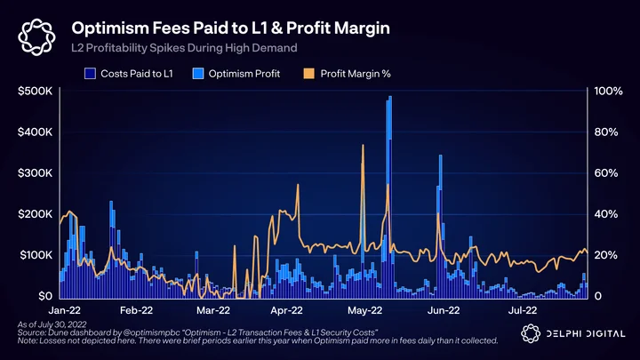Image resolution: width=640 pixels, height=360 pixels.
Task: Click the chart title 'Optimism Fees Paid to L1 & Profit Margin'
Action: click(x=230, y=28)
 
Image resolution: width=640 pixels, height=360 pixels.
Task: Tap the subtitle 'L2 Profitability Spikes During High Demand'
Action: click(x=184, y=48)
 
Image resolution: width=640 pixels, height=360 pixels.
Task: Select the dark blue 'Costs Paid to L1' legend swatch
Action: click(x=90, y=74)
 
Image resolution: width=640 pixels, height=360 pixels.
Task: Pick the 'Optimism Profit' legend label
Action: click(x=244, y=74)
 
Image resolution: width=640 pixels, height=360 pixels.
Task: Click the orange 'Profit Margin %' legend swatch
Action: click(x=309, y=74)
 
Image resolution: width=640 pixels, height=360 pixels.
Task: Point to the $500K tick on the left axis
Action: click(x=35, y=91)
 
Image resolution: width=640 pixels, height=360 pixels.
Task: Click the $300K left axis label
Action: click(x=35, y=173)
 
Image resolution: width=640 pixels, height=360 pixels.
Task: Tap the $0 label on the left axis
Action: click(x=45, y=296)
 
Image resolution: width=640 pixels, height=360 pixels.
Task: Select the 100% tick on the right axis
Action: click(x=608, y=91)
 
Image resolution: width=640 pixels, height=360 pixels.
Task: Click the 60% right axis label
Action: click(x=606, y=173)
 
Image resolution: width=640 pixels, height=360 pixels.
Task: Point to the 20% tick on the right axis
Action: click(x=606, y=255)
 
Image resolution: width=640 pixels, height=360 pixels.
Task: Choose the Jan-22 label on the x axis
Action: click(x=65, y=310)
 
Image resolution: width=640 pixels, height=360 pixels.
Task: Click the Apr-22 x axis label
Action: click(x=286, y=310)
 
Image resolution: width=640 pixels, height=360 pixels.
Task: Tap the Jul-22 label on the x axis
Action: click(x=523, y=310)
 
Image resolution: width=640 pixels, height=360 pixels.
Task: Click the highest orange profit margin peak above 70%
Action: click(x=363, y=145)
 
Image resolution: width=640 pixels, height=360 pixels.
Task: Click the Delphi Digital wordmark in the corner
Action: click(x=585, y=334)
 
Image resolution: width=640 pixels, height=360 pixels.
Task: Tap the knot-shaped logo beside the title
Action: click(x=36, y=37)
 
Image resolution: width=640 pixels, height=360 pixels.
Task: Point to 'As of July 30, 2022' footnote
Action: click(x=52, y=324)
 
